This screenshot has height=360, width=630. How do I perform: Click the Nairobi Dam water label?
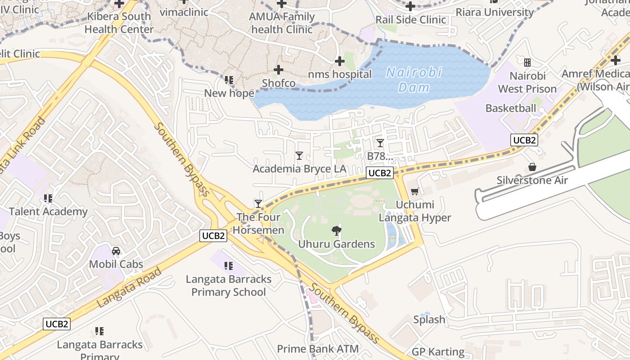414,80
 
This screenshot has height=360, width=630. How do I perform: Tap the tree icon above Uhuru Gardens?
336,231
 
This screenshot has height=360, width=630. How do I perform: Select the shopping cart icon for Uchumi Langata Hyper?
414,191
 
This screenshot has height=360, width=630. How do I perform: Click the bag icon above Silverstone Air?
532,167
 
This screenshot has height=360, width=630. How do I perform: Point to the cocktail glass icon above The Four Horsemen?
258,203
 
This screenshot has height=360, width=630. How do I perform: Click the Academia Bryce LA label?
300,169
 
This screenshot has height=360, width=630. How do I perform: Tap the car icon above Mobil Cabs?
116,251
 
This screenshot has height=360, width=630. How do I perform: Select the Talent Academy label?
48,211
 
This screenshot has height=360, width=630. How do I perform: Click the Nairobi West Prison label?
527,82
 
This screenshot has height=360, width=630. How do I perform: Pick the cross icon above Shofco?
279,70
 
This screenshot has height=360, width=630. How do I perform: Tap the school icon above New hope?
229,80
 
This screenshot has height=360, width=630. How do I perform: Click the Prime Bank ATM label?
318,349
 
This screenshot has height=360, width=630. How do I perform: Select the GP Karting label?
438,352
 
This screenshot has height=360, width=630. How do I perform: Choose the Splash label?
429,319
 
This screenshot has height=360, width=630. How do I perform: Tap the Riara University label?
495,12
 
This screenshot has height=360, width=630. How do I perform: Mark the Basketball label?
511,108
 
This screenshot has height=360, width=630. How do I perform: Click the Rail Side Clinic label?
411,20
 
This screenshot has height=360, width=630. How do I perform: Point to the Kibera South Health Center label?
119,23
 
